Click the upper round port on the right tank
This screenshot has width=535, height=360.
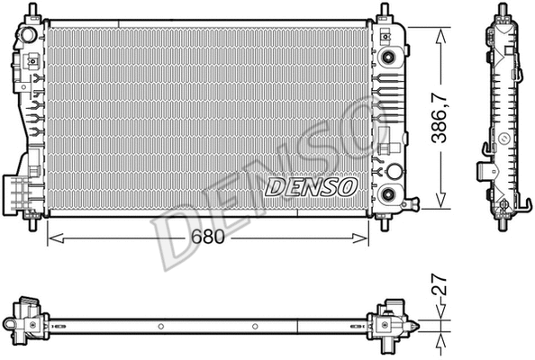point(389,58)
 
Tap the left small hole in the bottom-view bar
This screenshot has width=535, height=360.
point(159,326)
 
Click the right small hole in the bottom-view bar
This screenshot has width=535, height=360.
point(257,326)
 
